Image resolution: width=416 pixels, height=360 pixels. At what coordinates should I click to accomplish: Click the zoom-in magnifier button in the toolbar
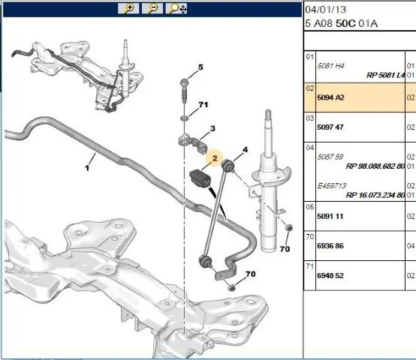[128, 8]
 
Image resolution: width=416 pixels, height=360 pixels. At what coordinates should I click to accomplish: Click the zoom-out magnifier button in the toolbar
[152, 8]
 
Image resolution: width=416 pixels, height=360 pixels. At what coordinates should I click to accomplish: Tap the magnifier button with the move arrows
[176, 8]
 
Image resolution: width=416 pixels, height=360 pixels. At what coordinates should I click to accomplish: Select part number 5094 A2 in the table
[330, 97]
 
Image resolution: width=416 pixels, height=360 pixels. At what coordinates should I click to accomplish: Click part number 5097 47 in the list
[330, 127]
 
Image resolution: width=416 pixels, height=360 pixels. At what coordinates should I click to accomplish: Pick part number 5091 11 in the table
[330, 217]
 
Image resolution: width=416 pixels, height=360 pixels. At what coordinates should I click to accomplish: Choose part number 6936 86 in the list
[330, 246]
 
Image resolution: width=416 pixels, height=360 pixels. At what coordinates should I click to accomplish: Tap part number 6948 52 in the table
[330, 276]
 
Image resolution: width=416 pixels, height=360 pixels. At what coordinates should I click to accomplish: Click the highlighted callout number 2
[215, 158]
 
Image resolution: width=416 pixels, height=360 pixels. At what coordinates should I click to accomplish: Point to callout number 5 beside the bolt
[200, 67]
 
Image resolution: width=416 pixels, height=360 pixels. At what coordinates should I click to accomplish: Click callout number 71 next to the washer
[203, 105]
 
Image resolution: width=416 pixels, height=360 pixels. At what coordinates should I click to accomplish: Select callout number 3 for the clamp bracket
[213, 128]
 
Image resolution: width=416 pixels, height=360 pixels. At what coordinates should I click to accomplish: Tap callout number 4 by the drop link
[245, 150]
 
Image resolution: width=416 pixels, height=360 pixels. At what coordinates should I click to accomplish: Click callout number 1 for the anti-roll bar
[87, 168]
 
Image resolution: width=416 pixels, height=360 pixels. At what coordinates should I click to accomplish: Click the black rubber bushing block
[200, 178]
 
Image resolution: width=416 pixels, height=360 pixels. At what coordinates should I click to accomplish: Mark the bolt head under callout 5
[183, 82]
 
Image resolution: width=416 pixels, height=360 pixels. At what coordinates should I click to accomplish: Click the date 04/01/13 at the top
[326, 10]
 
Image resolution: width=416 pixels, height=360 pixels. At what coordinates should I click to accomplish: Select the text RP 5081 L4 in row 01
[385, 75]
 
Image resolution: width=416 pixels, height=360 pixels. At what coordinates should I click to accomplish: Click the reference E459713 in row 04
[332, 186]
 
